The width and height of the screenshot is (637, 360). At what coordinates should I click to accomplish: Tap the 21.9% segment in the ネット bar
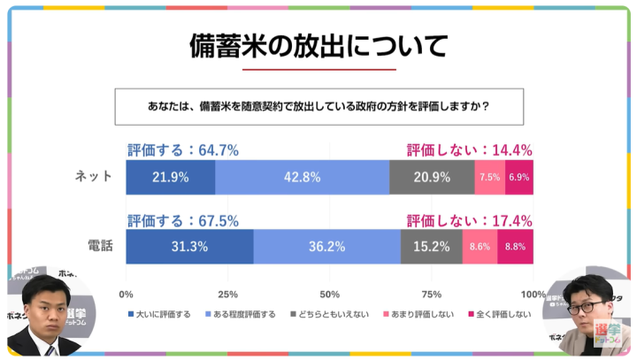click(x=170, y=177)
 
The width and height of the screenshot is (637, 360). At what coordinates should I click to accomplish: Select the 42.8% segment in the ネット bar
click(x=302, y=177)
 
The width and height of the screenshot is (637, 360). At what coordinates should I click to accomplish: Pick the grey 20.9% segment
click(x=432, y=177)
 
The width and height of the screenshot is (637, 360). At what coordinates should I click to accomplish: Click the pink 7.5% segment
click(x=489, y=177)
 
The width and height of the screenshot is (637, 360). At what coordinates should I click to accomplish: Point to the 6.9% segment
click(x=519, y=177)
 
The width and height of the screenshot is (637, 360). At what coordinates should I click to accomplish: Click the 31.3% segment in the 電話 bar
click(x=189, y=247)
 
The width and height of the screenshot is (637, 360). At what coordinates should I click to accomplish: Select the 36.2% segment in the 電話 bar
click(x=326, y=247)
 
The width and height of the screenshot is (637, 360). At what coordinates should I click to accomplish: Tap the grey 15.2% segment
click(x=431, y=247)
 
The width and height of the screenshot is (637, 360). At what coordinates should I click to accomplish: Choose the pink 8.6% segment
click(x=480, y=247)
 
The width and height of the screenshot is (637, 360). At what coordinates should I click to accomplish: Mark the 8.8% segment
click(x=515, y=247)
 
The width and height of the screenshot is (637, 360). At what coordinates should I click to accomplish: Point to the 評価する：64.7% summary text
click(x=183, y=150)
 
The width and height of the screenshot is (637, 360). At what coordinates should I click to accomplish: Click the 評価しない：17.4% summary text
click(x=469, y=220)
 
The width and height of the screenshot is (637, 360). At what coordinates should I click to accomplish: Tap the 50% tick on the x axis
click(x=330, y=295)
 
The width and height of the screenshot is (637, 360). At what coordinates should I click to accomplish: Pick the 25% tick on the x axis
click(x=227, y=295)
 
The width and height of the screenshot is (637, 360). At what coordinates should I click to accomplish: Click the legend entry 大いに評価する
click(x=163, y=314)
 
